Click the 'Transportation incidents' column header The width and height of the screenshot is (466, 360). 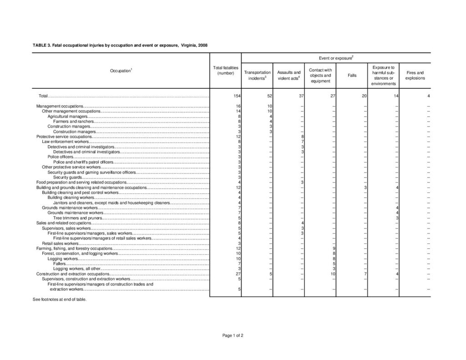point(257,75)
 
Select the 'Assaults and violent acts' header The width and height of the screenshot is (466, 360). point(289,75)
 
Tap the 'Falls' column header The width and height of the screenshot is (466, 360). point(352,75)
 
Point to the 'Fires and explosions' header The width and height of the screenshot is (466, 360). point(415,75)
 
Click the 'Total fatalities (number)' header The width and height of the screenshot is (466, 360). point(225,70)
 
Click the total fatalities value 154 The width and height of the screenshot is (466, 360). point(236,96)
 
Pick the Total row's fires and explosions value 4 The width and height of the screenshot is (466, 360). point(428,96)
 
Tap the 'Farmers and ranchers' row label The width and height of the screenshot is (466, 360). point(73,122)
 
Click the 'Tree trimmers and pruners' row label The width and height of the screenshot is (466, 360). point(77,218)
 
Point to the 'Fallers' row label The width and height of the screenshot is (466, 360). point(59,264)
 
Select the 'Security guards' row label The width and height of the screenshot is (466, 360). point(67,177)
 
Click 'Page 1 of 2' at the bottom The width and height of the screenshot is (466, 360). point(233,335)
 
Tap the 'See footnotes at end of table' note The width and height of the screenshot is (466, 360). point(59,299)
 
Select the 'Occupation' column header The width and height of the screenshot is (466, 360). point(120,71)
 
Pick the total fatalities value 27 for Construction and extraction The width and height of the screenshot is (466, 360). point(237,274)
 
